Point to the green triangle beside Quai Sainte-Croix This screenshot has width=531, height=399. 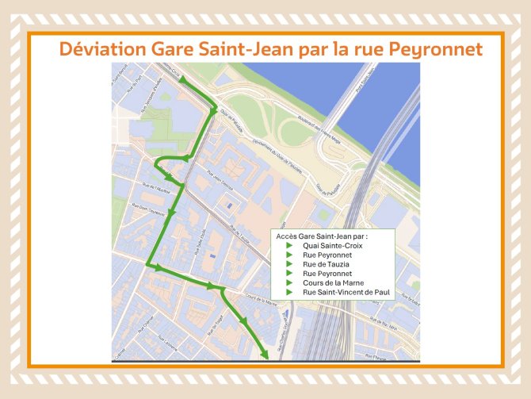tap(289, 245)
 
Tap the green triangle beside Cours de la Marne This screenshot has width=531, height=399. tap(289, 282)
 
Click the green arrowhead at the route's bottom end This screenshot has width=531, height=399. tap(265, 355)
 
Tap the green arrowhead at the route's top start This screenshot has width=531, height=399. tap(162, 73)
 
